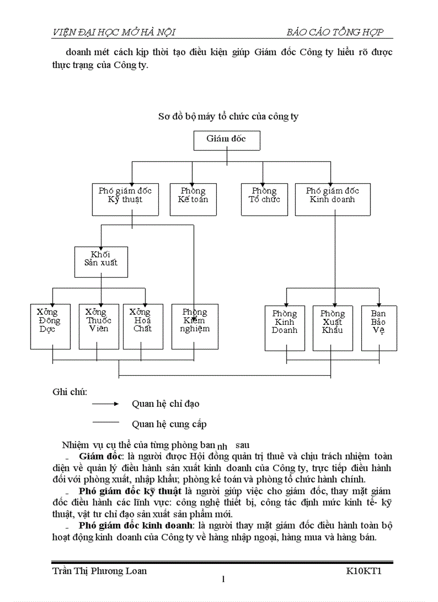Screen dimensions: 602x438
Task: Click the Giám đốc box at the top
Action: click(x=227, y=140)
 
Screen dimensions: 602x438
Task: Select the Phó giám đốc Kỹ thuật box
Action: click(x=125, y=199)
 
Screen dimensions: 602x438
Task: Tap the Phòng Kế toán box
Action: click(x=193, y=199)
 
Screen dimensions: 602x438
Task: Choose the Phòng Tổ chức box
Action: click(x=264, y=199)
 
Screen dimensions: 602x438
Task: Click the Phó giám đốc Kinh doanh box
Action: click(x=332, y=199)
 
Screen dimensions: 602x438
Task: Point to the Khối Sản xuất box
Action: click(x=101, y=262)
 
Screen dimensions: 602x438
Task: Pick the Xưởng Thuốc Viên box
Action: click(x=99, y=326)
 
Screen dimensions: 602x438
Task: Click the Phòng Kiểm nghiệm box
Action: click(x=194, y=326)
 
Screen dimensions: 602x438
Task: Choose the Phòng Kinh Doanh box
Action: click(x=284, y=328)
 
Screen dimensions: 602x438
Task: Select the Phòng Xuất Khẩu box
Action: click(x=332, y=328)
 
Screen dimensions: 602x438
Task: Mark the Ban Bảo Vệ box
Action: click(x=379, y=328)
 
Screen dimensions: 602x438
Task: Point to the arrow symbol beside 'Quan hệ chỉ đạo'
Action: click(x=106, y=403)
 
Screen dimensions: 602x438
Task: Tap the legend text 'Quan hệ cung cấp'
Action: click(x=169, y=424)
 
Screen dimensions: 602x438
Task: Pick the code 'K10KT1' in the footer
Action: click(x=363, y=571)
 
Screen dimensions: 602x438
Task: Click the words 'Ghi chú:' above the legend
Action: click(x=70, y=391)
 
